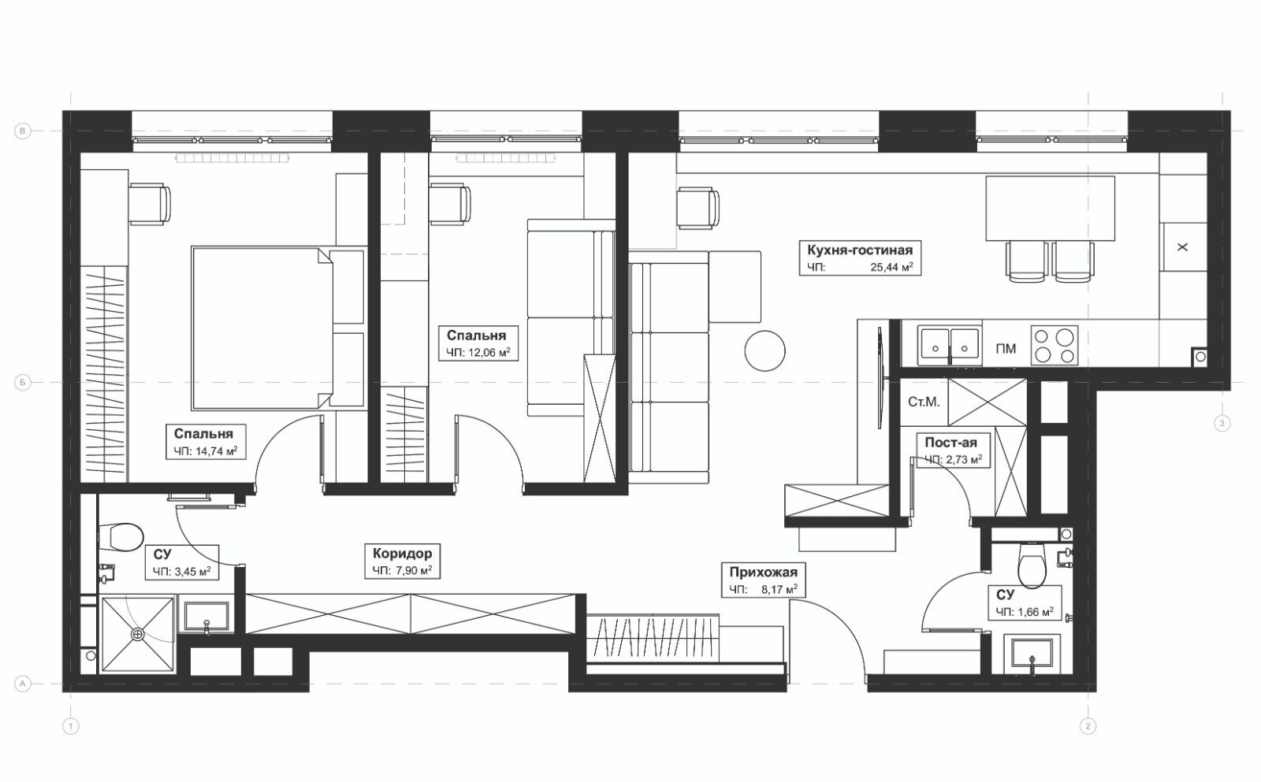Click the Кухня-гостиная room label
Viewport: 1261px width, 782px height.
point(860,249)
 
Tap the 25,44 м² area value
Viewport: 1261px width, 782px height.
point(891,267)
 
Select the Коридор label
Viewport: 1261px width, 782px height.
point(402,553)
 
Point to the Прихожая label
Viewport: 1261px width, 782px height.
point(764,573)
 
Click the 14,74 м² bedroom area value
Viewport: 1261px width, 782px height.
point(216,450)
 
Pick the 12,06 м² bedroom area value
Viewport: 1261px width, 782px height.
point(489,353)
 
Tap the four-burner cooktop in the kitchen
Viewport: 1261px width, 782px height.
point(1055,345)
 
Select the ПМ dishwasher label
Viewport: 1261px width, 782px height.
point(1006,349)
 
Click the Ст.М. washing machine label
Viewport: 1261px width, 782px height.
point(924,402)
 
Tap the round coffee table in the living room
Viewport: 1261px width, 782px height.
point(764,350)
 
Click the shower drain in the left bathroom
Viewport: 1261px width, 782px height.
point(137,634)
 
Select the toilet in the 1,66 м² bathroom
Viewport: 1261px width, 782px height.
point(1032,565)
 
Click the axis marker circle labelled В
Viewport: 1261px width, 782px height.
point(23,131)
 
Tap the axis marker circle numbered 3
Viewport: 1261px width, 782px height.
point(1222,423)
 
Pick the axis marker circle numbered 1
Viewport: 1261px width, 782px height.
point(70,726)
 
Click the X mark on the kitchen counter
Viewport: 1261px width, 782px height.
point(1182,247)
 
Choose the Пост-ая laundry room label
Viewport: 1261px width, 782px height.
point(950,443)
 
